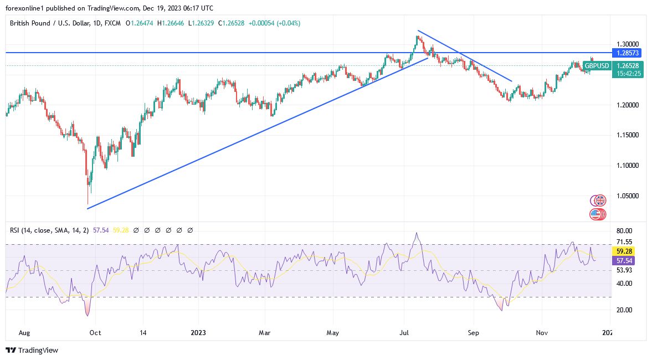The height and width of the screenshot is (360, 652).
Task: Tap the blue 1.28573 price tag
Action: click(627, 53)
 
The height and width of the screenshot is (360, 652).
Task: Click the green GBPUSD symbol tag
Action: click(596, 66)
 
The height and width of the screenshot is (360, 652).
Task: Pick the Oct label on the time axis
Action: click(95, 333)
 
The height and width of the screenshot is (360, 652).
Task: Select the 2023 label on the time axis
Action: click(198, 333)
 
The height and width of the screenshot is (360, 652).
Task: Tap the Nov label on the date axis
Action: click(542, 333)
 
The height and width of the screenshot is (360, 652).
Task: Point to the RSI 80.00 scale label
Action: click(624, 230)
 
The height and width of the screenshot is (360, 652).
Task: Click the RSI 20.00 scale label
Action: click(624, 310)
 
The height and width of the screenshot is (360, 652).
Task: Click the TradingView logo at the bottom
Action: click(32, 350)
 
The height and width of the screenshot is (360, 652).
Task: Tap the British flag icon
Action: click(598, 200)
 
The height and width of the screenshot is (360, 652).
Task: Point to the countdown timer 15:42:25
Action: click(627, 73)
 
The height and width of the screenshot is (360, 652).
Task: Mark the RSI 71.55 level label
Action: click(624, 241)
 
